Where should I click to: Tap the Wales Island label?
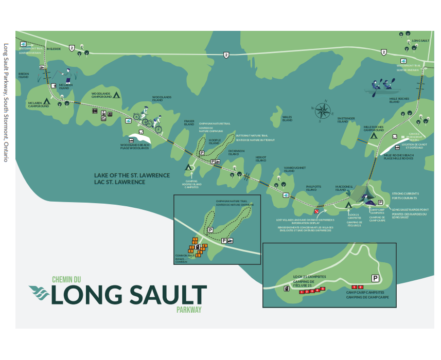[x=288, y=119]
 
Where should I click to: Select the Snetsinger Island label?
[x=346, y=120]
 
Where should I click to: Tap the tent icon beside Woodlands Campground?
[x=116, y=95]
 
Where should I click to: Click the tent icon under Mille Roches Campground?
[x=375, y=135]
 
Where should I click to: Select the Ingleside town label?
[x=54, y=49]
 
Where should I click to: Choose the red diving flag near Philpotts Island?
[x=316, y=212]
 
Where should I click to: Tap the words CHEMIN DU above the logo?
[x=67, y=280]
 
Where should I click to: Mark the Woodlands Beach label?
[x=135, y=147]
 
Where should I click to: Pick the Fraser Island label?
[x=189, y=123]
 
